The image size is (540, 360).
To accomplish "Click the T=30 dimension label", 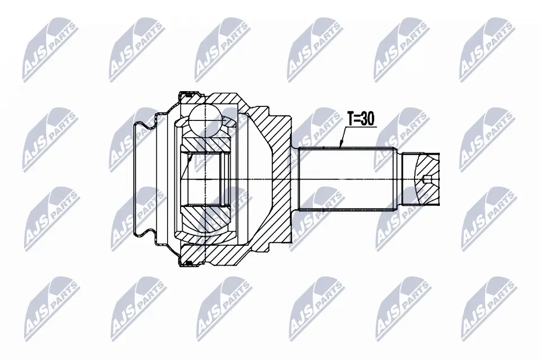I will (x=361, y=119).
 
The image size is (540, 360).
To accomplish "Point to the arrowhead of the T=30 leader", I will (x=341, y=147).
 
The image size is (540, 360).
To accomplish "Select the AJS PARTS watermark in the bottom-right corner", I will (x=487, y=306).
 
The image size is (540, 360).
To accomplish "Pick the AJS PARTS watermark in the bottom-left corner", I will (x=51, y=306).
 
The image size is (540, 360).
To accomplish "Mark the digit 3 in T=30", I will (x=365, y=119).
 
